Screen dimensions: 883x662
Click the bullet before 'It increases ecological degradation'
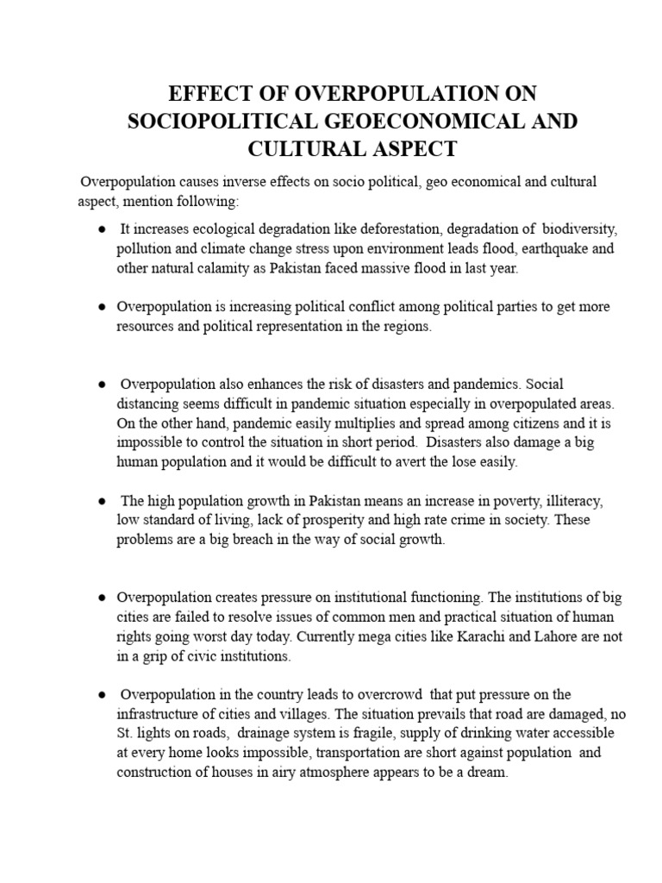[102, 229]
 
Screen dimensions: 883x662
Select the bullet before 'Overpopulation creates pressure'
[102, 598]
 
